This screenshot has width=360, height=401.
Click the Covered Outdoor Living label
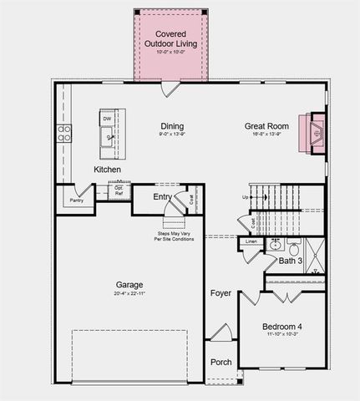coord(171,38)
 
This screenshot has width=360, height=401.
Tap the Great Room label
coord(266,127)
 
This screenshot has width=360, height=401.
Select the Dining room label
coord(172,127)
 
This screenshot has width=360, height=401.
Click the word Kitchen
coord(107,170)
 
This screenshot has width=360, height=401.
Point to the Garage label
coord(129,285)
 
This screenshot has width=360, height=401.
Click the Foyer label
coord(221,293)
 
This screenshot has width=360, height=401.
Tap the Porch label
coord(221,362)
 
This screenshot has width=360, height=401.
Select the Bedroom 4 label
coord(281,326)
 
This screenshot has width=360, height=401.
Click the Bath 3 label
coord(291,261)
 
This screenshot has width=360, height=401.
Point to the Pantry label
coord(76,200)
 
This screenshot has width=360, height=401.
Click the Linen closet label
coord(251,242)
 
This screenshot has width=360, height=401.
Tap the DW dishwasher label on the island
coord(107,119)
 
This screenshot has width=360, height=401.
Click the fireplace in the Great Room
coord(315,130)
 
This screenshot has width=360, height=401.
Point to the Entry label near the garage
coord(163,197)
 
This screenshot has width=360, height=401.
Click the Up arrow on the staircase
coord(246,197)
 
